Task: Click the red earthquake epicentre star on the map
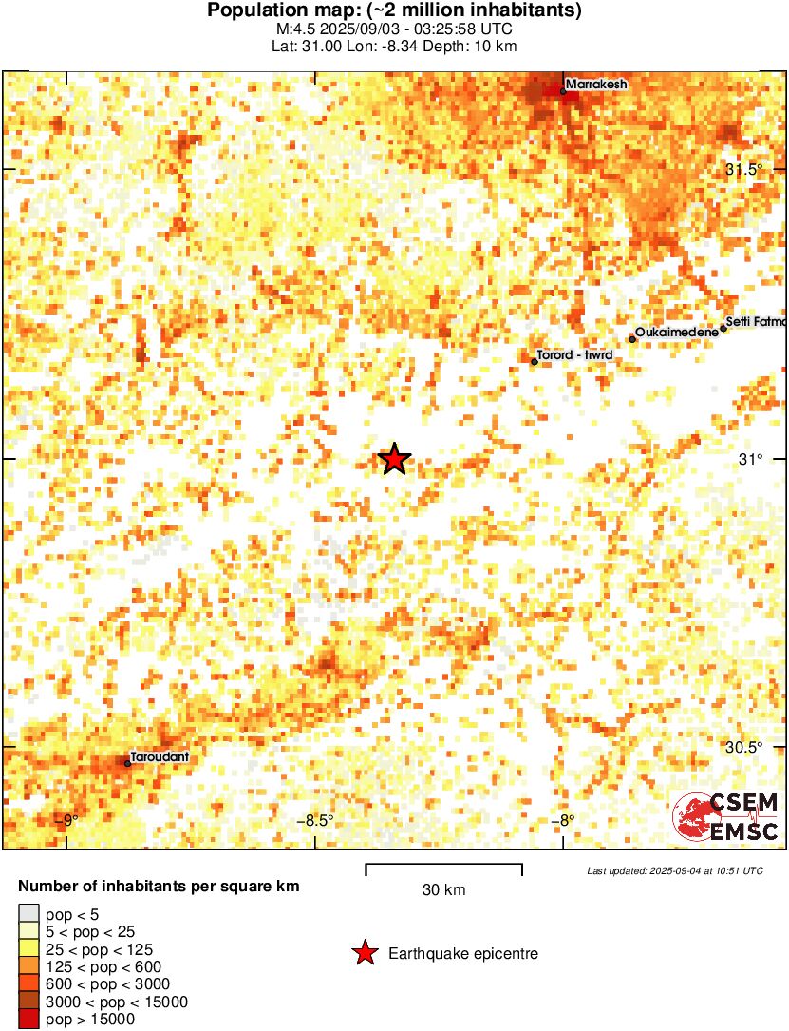pyautogui.click(x=394, y=460)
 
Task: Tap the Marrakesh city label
pyautogui.click(x=597, y=85)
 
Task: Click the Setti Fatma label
pyautogui.click(x=756, y=322)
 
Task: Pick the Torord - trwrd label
pyautogui.click(x=574, y=355)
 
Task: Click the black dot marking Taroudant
pyautogui.click(x=127, y=763)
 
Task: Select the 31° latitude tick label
pyautogui.click(x=751, y=460)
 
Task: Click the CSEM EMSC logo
pyautogui.click(x=726, y=816)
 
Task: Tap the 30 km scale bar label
pyautogui.click(x=443, y=890)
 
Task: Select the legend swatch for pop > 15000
pyautogui.click(x=30, y=1019)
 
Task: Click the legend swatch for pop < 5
pyautogui.click(x=30, y=915)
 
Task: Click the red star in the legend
pyautogui.click(x=365, y=953)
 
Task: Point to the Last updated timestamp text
pyautogui.click(x=674, y=870)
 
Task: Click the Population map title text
pyautogui.click(x=394, y=11)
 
